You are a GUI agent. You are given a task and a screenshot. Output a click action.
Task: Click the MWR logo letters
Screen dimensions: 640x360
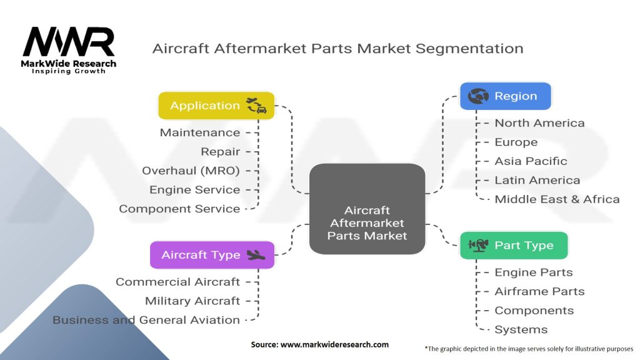click(x=69, y=42)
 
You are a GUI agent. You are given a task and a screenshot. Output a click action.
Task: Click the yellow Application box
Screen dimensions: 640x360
click(x=216, y=106)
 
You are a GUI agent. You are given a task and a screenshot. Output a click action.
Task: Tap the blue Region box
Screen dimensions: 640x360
click(x=505, y=96)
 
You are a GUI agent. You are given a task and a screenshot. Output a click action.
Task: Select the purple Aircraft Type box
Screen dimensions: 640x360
click(x=212, y=255)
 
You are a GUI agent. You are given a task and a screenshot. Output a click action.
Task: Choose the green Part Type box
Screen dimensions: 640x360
click(x=514, y=245)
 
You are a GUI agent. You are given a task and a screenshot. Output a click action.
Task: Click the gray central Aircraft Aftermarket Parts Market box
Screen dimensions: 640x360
click(x=367, y=209)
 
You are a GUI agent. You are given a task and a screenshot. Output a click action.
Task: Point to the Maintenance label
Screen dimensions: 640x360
click(x=200, y=132)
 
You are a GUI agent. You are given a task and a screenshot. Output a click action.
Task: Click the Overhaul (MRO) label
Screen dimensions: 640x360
click(x=191, y=171)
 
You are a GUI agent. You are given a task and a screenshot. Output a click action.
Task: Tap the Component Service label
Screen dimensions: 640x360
click(x=179, y=209)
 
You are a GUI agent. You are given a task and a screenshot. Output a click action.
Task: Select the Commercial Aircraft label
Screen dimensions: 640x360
click(x=177, y=282)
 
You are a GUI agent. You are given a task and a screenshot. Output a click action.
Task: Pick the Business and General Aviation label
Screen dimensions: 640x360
click(x=146, y=319)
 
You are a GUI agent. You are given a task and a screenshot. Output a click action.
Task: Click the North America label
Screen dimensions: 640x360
click(x=539, y=123)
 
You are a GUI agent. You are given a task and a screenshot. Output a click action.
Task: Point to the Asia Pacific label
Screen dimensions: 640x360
click(x=531, y=161)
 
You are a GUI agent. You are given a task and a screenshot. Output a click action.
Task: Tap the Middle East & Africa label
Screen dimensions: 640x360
click(x=557, y=199)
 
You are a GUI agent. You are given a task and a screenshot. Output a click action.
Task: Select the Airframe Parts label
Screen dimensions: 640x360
click(x=539, y=291)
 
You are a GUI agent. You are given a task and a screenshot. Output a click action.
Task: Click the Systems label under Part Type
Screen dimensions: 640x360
click(x=521, y=329)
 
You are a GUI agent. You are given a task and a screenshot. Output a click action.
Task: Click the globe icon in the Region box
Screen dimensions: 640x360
click(x=478, y=96)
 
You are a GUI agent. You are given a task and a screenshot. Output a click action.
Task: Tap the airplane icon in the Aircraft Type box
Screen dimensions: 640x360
click(x=256, y=256)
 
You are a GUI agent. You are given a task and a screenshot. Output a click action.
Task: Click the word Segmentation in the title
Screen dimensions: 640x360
click(x=469, y=49)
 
